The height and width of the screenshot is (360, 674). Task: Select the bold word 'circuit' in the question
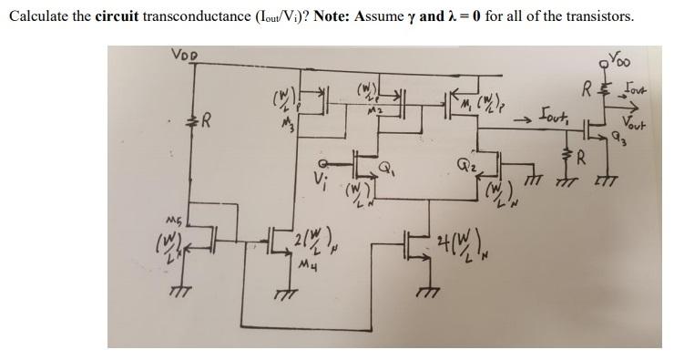click(x=117, y=17)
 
